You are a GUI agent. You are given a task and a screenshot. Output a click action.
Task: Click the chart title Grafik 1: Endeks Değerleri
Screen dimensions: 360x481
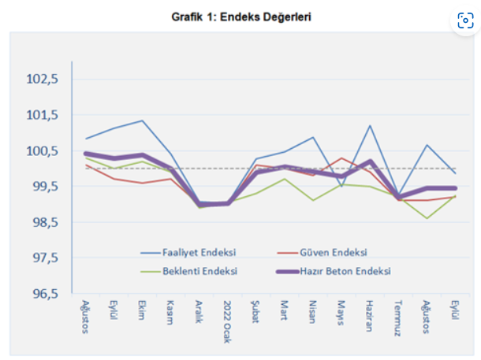click(x=240, y=16)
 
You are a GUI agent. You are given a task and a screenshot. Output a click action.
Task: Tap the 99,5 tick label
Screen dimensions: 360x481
click(x=44, y=187)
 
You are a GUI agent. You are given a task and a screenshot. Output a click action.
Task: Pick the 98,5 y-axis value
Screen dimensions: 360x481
click(x=44, y=222)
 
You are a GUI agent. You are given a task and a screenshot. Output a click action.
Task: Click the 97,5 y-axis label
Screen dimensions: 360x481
click(x=44, y=258)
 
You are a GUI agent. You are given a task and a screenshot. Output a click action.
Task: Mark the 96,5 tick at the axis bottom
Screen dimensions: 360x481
click(x=44, y=294)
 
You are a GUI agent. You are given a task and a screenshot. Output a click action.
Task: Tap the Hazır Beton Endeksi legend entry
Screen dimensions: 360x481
click(x=347, y=270)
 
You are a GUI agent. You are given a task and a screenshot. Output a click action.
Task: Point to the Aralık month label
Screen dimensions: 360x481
click(x=199, y=312)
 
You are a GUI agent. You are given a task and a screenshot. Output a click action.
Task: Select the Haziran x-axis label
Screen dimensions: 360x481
click(x=369, y=314)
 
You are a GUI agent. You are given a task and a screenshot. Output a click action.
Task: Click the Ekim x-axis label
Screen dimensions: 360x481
click(x=142, y=309)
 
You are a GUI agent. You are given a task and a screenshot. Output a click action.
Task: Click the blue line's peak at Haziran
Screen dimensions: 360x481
click(x=370, y=126)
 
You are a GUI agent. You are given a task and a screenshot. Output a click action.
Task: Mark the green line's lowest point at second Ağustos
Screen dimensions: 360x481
click(x=427, y=218)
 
